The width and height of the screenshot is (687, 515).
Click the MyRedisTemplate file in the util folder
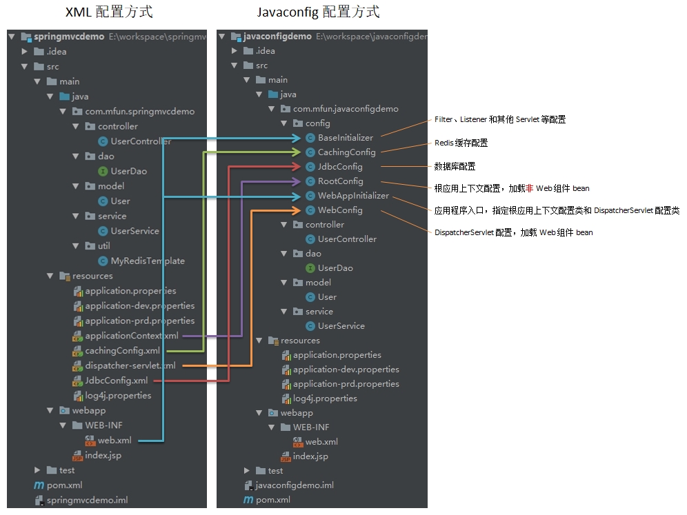147,261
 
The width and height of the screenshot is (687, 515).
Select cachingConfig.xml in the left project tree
122,351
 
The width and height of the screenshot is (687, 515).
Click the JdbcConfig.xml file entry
116,381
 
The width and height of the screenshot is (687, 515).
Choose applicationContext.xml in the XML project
131,336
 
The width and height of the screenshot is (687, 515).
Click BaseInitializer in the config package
345,138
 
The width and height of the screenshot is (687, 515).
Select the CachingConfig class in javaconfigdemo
346,152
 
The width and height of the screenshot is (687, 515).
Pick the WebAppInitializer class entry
353,196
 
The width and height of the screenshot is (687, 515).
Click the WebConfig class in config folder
340,210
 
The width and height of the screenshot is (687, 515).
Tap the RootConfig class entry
340,181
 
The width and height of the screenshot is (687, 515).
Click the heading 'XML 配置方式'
109,12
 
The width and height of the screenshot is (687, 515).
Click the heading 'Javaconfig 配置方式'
319,12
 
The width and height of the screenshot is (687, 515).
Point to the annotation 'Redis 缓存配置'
461,143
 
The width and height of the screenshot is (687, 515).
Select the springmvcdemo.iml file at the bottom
87,501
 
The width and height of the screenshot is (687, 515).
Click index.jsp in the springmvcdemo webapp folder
103,455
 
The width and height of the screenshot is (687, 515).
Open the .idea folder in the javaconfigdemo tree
265,51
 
